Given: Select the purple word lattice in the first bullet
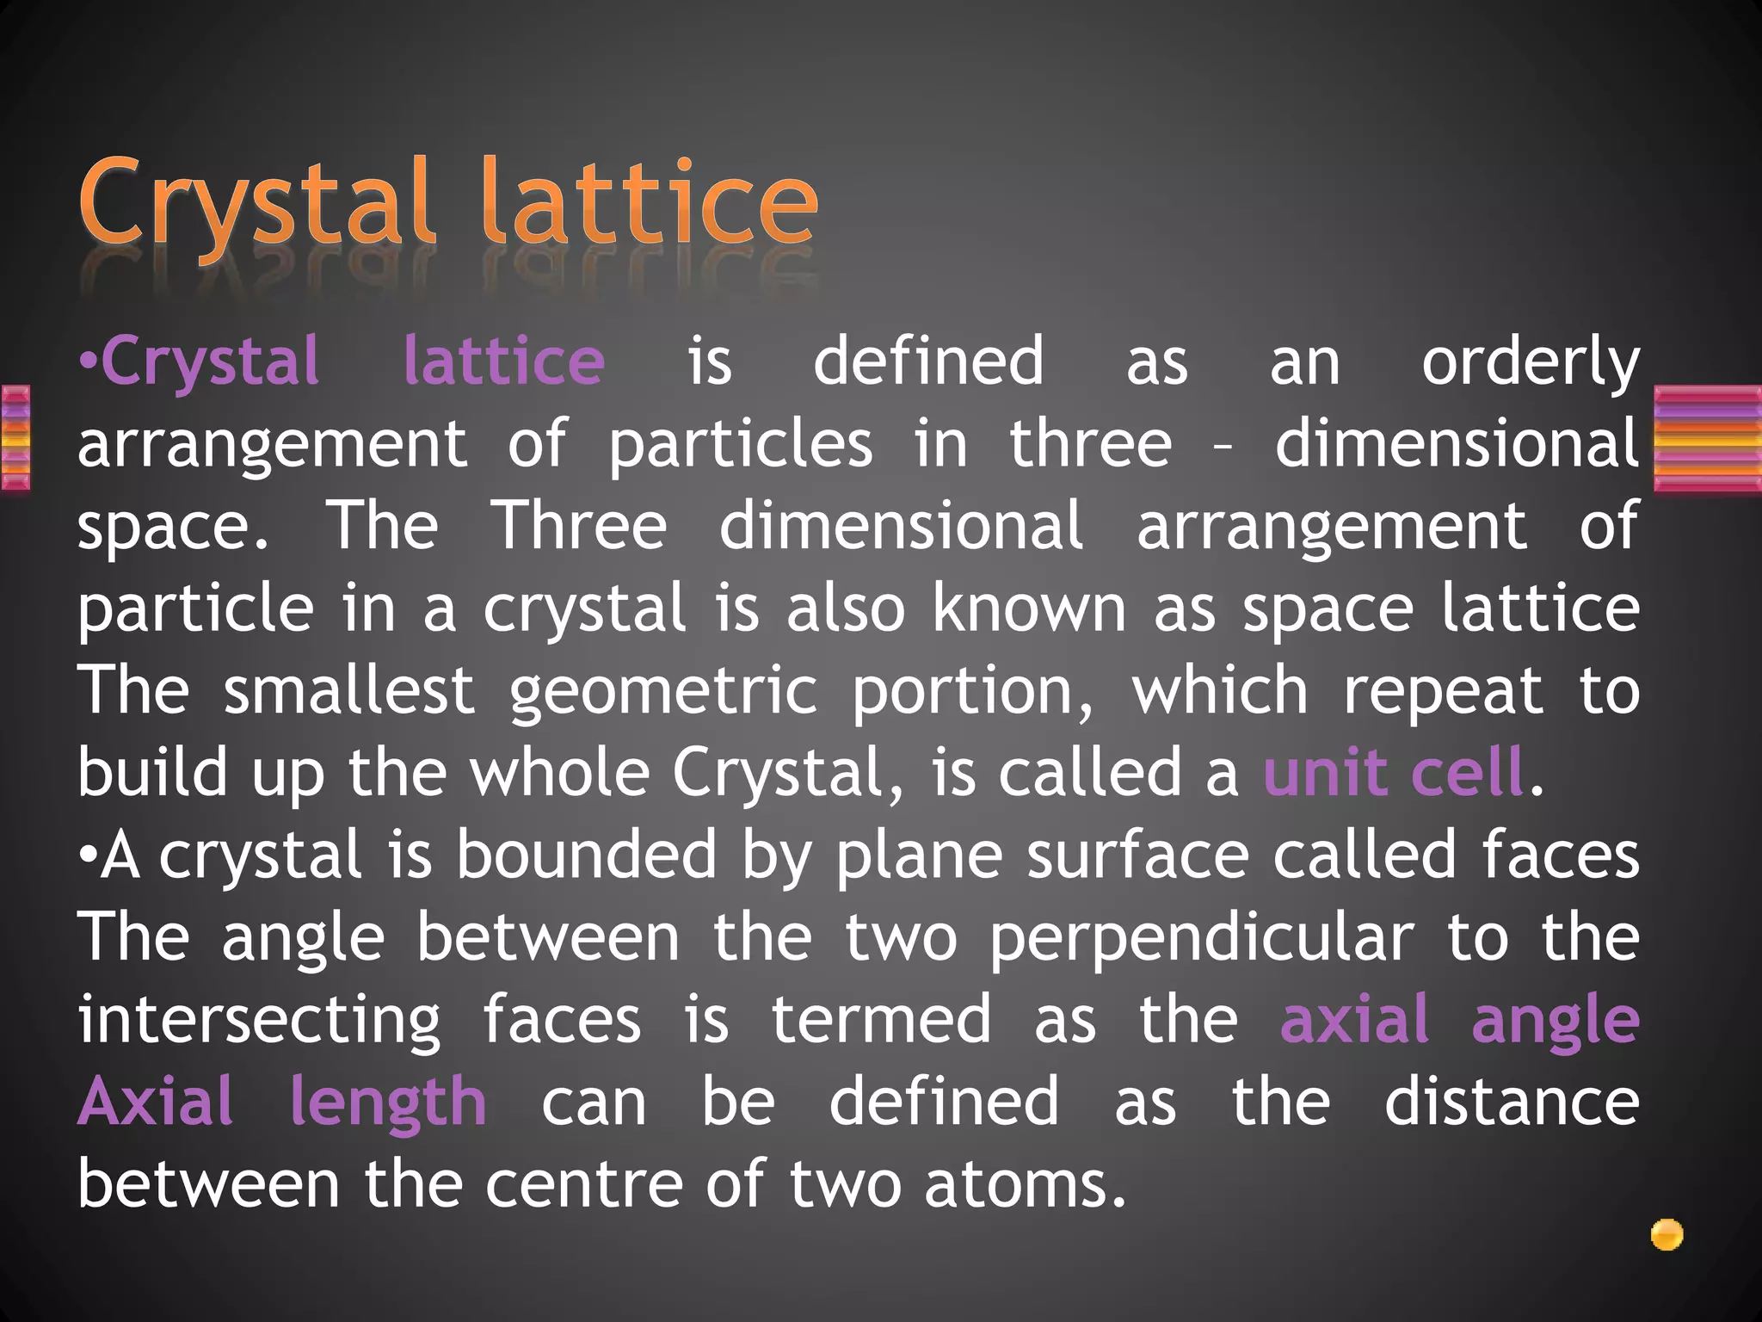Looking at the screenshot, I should click(504, 361).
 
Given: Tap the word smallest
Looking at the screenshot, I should click(348, 690).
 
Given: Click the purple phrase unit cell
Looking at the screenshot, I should click(1394, 772).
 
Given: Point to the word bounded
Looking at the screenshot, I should click(586, 855).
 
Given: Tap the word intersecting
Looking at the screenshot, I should click(259, 1021).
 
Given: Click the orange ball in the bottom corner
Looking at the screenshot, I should click(1667, 1235).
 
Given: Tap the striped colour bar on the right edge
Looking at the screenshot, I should click(1708, 439).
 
